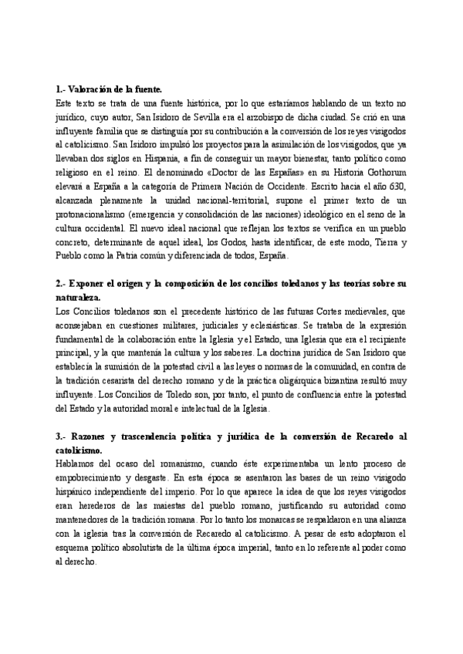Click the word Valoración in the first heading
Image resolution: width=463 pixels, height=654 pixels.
click(x=90, y=89)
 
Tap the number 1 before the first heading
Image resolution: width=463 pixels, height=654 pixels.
click(x=59, y=89)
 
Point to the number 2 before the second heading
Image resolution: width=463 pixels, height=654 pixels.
click(x=59, y=283)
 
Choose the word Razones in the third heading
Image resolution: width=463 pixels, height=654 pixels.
click(x=90, y=436)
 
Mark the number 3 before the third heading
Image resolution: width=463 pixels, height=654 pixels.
click(x=59, y=436)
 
